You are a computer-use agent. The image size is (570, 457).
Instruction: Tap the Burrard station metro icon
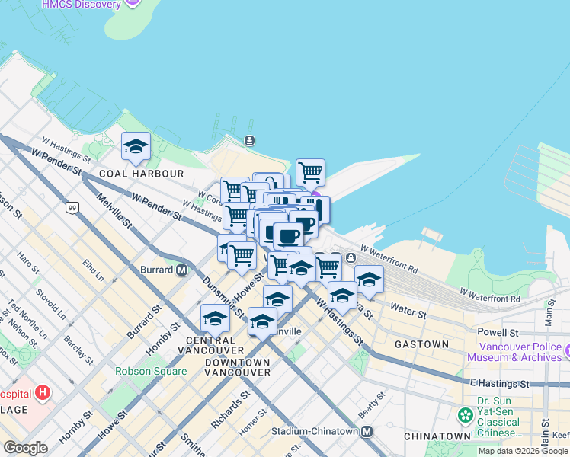coord(182,270)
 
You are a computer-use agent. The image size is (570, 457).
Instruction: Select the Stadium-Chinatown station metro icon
coord(367,432)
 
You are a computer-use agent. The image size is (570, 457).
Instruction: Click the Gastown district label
coord(421,344)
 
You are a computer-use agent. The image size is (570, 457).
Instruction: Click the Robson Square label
coord(151,371)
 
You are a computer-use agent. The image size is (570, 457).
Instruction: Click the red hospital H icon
coord(43,394)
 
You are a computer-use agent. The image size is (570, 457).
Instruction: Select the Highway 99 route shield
coord(72,208)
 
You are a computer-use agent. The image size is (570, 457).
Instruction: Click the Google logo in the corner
coord(26,448)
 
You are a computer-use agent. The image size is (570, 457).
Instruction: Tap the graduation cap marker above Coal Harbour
coord(136,146)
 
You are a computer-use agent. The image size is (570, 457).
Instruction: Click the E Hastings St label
coord(499,383)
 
